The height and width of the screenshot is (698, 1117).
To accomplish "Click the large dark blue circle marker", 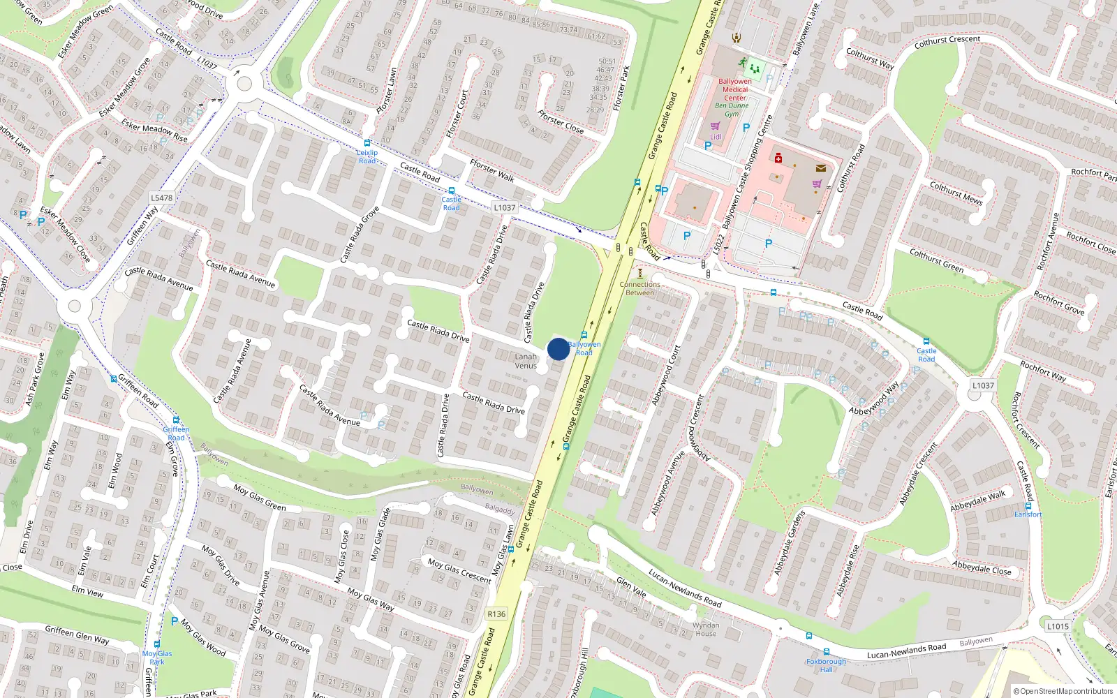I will point(558,349).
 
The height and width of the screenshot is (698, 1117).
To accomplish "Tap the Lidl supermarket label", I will point(716,137).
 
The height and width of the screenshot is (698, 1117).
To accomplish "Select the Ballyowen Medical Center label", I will point(735,89).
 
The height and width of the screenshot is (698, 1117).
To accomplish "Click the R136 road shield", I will point(496,614).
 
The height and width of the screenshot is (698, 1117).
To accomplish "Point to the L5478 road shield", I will point(161,198).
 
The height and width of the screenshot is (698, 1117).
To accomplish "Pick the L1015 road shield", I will point(1058,626).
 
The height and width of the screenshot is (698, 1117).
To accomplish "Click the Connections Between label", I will point(639,288).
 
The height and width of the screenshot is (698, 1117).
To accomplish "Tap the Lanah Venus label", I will point(526,361).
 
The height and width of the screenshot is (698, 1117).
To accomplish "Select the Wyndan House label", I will point(706,630).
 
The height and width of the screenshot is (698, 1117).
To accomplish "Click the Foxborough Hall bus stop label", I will point(826,665).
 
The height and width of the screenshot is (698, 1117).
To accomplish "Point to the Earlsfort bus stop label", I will point(1028,514).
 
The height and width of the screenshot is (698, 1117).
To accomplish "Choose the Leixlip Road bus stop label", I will point(367,156).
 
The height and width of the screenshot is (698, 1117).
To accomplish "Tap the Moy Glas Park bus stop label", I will point(157,658).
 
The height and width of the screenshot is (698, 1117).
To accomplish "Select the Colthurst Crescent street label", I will point(947,42).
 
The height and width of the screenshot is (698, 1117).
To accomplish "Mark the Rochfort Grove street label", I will point(1059,303).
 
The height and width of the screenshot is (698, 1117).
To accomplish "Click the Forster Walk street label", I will point(492,170).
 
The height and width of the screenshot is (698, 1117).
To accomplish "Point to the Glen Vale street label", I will point(631,588).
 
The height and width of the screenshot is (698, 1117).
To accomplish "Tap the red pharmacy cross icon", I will point(778,158).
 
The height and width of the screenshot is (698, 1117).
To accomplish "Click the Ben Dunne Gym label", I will point(732,110).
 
